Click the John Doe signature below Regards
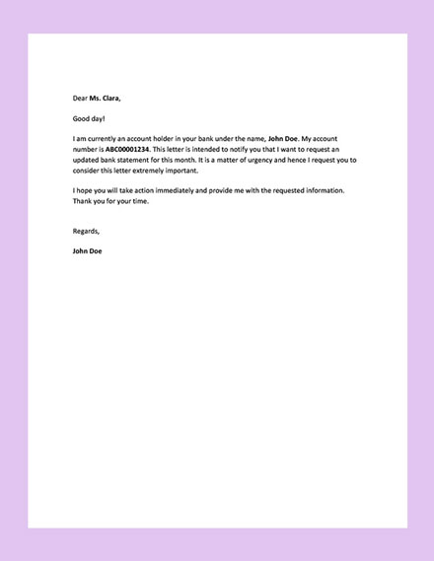click(87, 250)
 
